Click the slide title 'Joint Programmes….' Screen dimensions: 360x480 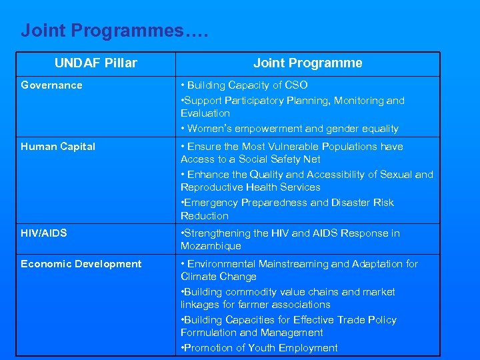pos(115,31)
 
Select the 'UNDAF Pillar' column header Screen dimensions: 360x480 pos(95,63)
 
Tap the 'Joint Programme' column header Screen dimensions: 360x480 pos(307,63)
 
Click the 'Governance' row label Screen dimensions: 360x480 pos(51,85)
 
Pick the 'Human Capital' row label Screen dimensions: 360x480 pos(58,147)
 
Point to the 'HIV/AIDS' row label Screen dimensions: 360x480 pos(44,233)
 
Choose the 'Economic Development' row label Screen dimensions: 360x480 pos(81,264)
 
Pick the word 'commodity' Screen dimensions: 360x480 pos(247,292)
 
